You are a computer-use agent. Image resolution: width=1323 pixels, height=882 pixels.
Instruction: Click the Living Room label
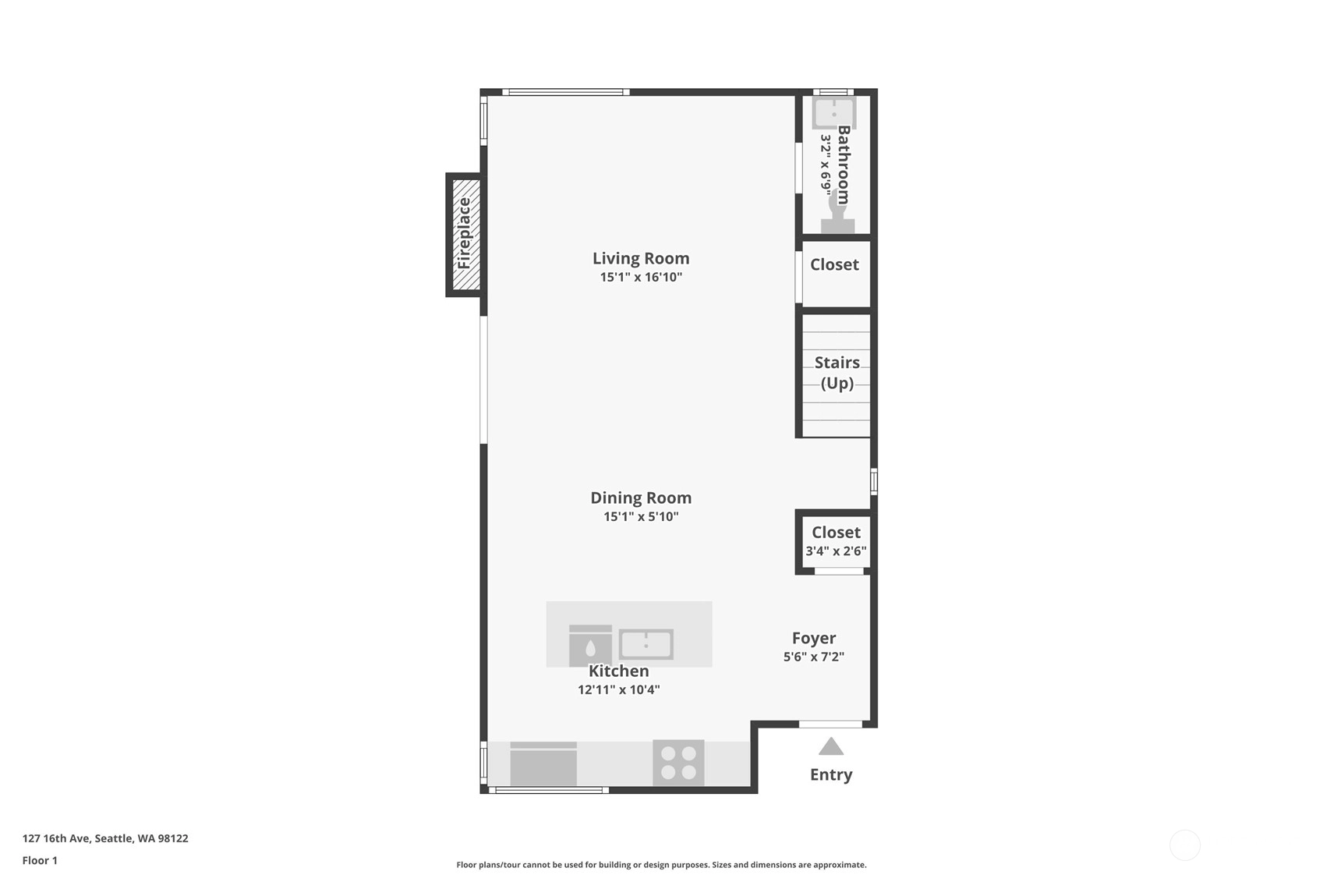(x=641, y=258)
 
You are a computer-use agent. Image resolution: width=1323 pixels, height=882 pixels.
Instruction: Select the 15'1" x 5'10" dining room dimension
(x=641, y=516)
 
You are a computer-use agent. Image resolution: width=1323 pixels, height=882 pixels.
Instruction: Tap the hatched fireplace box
(x=466, y=235)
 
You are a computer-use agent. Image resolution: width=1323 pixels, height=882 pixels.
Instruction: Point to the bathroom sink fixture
(x=833, y=113)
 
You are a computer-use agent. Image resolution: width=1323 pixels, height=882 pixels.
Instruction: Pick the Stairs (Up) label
(x=837, y=373)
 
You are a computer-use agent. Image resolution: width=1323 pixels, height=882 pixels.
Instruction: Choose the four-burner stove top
(x=678, y=763)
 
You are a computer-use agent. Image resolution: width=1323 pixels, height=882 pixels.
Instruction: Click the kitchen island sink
(x=646, y=644)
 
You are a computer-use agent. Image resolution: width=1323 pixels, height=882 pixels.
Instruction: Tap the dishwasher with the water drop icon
(x=590, y=645)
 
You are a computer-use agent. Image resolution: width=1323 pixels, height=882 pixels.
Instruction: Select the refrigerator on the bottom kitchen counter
(x=543, y=763)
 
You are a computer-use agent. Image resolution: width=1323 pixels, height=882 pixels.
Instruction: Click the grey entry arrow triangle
(x=831, y=746)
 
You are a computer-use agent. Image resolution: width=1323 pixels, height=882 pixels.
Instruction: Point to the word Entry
(x=831, y=774)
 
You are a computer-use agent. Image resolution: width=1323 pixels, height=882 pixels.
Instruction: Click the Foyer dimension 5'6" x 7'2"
(x=814, y=657)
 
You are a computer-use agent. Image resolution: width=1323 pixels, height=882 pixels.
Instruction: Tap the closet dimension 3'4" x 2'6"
(x=837, y=551)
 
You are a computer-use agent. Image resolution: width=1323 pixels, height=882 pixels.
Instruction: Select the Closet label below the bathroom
(x=834, y=264)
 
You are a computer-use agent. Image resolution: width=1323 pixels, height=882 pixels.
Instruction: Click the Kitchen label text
(x=619, y=671)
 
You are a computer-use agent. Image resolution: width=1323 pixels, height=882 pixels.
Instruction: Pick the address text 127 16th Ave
(x=57, y=838)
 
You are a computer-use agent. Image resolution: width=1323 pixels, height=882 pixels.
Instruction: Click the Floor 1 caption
(x=41, y=860)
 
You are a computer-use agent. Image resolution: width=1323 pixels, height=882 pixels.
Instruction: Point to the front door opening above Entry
(x=830, y=724)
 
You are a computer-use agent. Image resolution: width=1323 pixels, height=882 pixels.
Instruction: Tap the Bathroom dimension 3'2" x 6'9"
(x=826, y=165)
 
